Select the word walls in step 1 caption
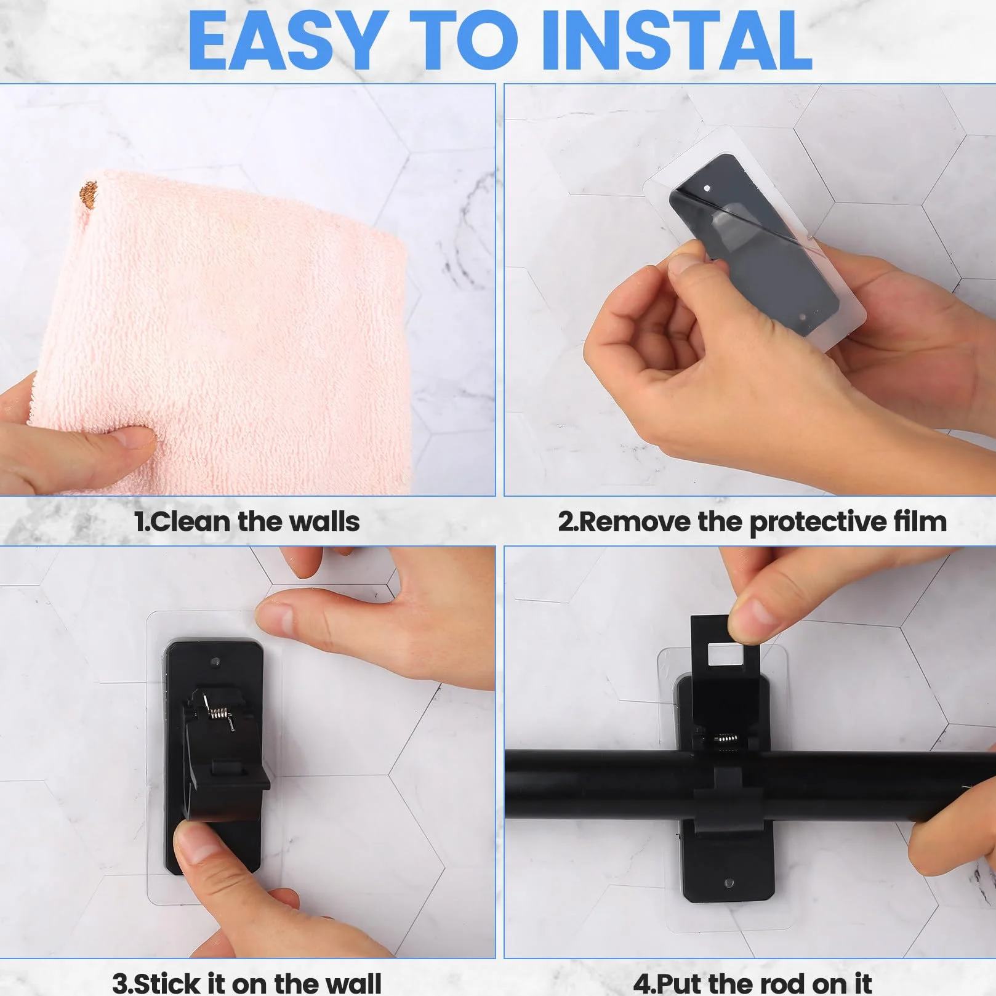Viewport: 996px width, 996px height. (324, 522)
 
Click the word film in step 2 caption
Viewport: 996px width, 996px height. (921, 522)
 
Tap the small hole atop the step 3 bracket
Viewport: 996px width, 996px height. (215, 662)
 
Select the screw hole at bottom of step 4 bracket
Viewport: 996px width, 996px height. (729, 883)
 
